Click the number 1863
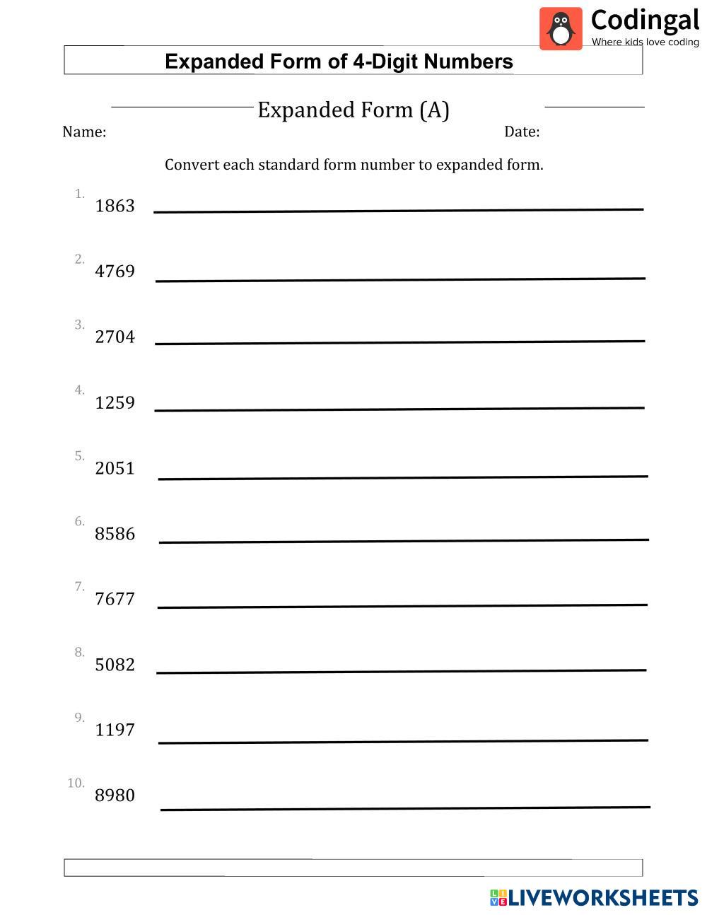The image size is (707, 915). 115,206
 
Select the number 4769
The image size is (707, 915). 115,272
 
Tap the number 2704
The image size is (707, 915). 115,337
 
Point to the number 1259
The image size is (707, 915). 115,403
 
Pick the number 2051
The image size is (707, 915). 115,468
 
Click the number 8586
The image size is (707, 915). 115,534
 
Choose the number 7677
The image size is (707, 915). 115,599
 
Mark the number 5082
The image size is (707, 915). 115,665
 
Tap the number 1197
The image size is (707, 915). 115,730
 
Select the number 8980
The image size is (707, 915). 115,795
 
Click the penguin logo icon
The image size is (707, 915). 561,29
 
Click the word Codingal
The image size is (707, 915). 645,20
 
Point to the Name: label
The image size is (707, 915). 84,132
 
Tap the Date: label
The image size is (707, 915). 522,132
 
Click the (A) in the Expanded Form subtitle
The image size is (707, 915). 434,110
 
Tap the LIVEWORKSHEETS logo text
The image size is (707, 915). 603,898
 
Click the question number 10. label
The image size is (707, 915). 76,783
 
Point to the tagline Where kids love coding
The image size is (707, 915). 645,42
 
